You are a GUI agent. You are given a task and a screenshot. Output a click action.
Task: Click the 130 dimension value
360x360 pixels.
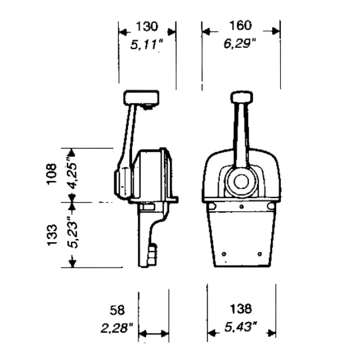(x=147, y=26)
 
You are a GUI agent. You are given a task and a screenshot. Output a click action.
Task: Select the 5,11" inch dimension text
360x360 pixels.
(x=147, y=44)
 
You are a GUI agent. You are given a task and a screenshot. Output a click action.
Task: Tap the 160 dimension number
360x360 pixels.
(x=240, y=26)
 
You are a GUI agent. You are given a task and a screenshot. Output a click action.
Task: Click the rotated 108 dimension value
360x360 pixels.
(x=51, y=174)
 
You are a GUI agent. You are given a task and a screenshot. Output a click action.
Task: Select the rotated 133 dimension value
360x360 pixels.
(x=52, y=235)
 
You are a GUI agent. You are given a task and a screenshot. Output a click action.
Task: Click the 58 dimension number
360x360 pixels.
(x=117, y=310)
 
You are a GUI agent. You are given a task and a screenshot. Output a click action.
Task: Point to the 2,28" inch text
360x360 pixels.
(x=117, y=328)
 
